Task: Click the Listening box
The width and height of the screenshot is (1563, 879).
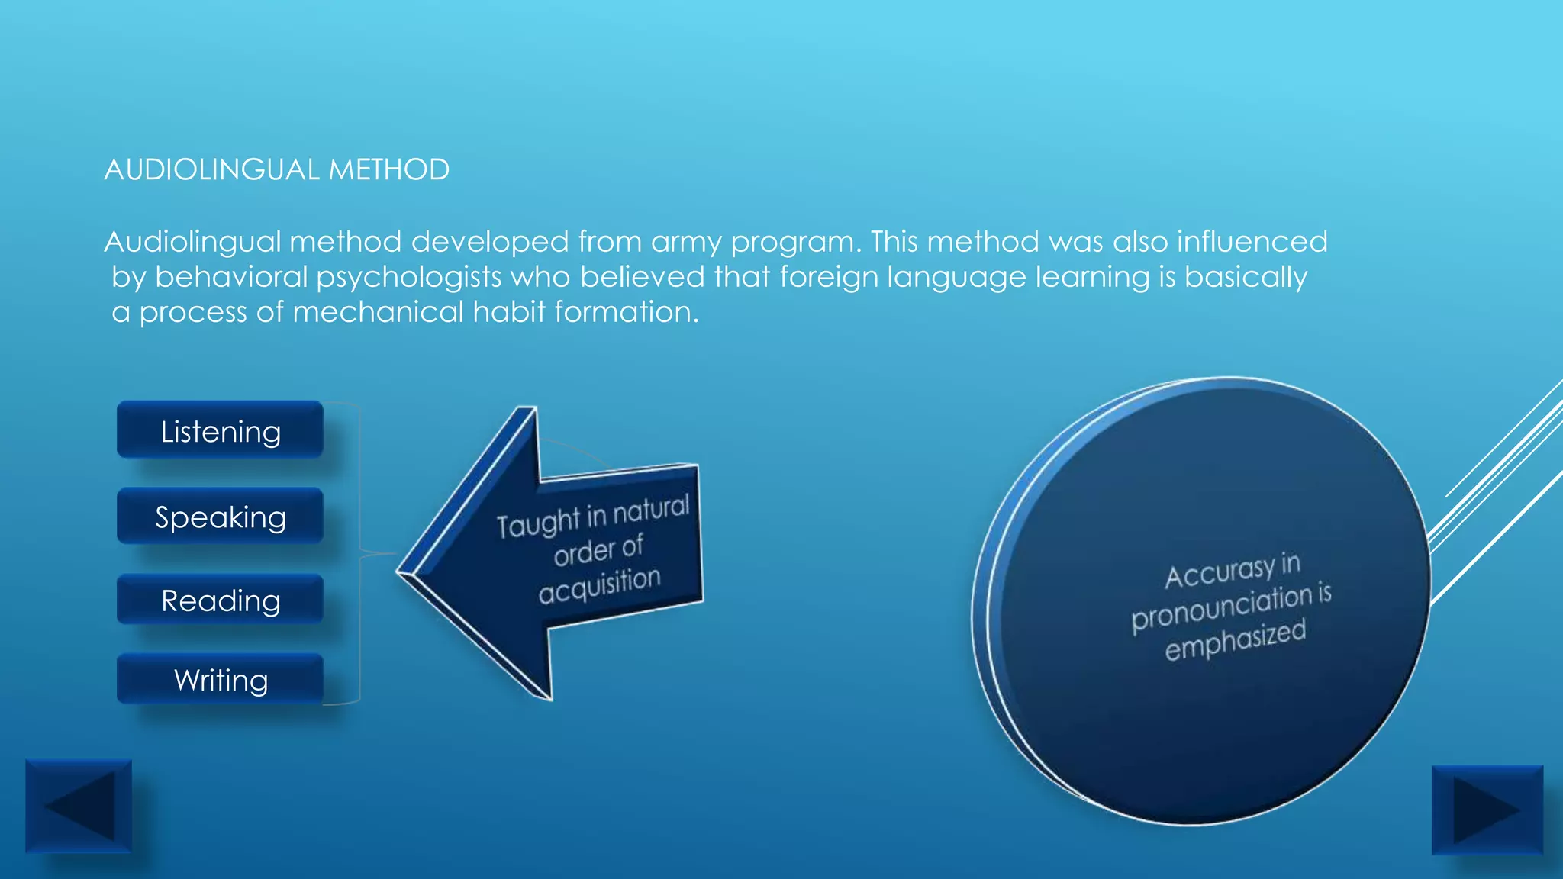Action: [220, 431]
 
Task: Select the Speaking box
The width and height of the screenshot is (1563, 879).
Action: [220, 517]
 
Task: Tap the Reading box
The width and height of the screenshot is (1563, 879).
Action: [220, 600]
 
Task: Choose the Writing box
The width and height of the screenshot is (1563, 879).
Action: [220, 679]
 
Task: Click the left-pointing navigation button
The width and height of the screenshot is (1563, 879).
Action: [79, 806]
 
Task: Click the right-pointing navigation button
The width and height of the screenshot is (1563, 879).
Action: [1487, 810]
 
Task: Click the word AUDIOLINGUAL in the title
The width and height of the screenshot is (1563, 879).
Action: [211, 169]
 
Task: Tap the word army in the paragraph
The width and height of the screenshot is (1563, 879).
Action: [686, 242]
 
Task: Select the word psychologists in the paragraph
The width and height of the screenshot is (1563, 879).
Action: [408, 277]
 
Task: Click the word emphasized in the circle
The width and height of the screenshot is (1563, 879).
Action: [1235, 640]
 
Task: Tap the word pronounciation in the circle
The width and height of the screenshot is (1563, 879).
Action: [1219, 608]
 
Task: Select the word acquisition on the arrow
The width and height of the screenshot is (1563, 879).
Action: [599, 584]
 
